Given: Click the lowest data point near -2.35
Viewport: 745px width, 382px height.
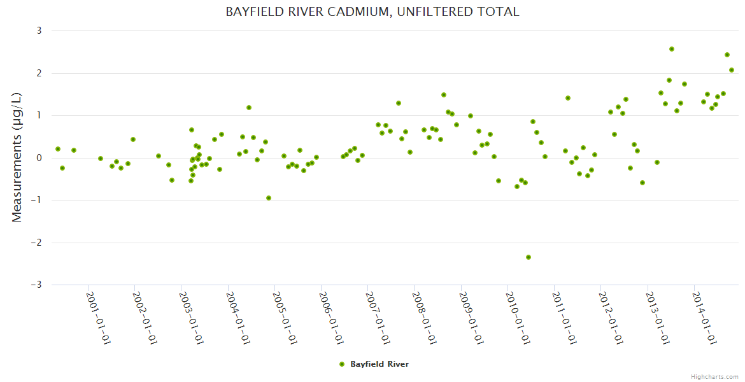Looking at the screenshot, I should (529, 257).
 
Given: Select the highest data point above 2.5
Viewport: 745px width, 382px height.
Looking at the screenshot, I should (672, 49).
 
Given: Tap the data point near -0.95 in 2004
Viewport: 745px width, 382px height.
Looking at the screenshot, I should (269, 198).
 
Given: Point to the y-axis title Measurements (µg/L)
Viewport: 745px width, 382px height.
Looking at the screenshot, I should (17, 157).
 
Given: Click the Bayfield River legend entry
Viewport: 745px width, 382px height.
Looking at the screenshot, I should (379, 364).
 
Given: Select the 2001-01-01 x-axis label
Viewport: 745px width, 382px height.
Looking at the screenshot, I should (99, 318).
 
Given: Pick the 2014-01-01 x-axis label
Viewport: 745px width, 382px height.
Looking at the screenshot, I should (704, 318).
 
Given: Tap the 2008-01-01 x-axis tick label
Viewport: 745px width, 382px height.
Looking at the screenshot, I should (425, 318).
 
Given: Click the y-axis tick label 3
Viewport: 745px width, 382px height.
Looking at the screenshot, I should (39, 31).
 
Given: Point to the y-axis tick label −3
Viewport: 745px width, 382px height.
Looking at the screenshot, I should (36, 285).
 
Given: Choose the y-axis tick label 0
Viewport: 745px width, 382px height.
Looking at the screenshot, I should (39, 158).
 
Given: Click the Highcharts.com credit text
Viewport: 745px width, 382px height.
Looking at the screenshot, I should (714, 376).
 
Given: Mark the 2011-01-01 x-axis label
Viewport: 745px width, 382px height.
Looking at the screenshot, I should (564, 318).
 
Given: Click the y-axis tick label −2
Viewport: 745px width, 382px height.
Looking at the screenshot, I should (36, 243).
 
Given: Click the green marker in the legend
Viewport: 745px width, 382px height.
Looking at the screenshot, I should (342, 364).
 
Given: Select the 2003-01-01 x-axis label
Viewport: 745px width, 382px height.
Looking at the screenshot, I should (192, 318).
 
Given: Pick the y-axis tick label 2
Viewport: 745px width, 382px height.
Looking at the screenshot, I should (39, 73).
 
